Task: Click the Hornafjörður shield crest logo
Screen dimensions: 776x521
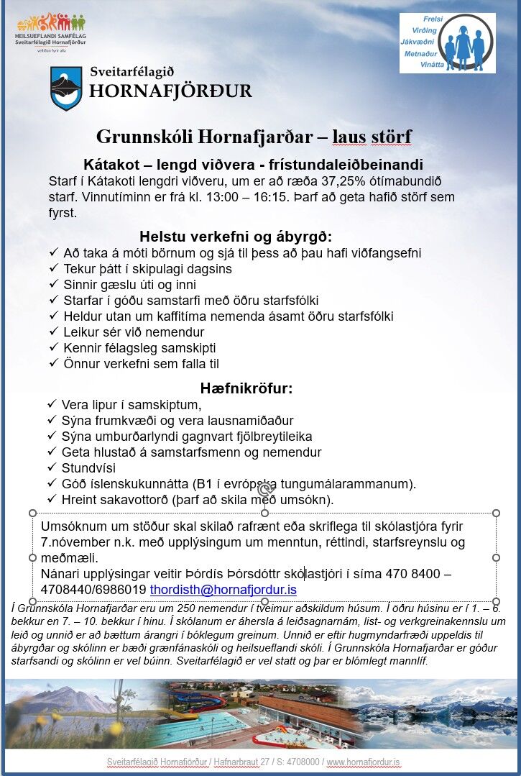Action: pos(65,88)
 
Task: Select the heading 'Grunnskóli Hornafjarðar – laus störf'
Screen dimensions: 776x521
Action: pos(254,137)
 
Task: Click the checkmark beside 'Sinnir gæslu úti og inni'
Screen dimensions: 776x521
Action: pos(54,284)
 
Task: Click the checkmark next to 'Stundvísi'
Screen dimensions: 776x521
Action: pos(52,468)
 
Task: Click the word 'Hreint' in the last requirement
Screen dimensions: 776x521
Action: pos(81,500)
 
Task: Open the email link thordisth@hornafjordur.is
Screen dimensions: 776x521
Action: pos(223,590)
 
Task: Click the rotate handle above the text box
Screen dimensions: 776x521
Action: pos(264,491)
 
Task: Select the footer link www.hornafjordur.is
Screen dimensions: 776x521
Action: pos(364,762)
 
